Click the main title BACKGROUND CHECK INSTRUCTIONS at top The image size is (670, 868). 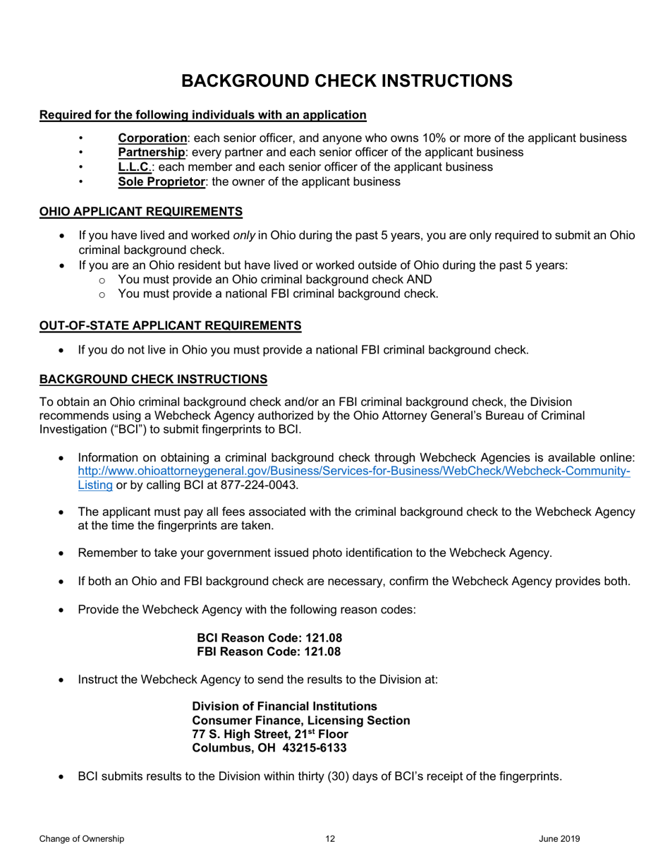pyautogui.click(x=346, y=80)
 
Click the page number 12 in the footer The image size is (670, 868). pyautogui.click(x=330, y=838)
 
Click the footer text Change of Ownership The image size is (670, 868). pyautogui.click(x=82, y=838)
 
